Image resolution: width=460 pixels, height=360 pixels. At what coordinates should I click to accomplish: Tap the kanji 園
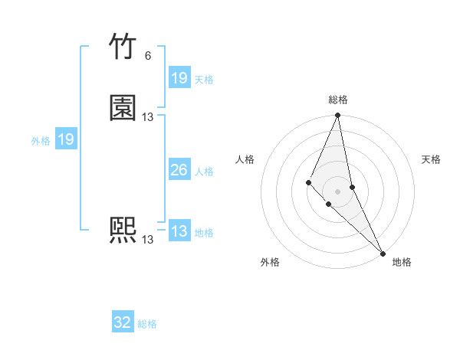point(123,108)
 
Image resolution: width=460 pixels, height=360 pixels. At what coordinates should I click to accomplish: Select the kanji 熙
point(123,231)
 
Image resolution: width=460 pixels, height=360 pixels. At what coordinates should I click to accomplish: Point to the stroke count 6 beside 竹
point(147,56)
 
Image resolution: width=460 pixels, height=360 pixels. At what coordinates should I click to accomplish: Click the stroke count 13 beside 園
point(147,117)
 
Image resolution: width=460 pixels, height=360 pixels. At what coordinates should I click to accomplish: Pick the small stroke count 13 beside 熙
point(147,240)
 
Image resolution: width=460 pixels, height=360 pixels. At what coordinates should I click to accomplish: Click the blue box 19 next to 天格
point(179,78)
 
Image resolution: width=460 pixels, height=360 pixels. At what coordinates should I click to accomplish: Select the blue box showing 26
point(179,170)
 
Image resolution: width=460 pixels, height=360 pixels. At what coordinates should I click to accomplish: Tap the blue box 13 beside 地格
point(179,231)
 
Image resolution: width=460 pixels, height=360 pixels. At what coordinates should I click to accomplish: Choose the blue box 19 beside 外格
point(66,139)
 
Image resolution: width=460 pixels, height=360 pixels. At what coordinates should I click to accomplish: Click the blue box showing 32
point(123,322)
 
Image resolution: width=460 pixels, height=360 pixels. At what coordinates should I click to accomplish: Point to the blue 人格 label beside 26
point(204,172)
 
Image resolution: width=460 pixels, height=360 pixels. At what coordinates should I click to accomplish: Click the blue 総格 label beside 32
point(147,324)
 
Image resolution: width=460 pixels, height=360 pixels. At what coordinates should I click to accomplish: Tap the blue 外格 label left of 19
point(41,141)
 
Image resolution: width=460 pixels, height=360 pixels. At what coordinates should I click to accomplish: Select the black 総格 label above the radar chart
point(338,100)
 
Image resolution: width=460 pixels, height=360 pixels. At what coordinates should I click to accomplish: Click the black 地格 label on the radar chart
point(402,262)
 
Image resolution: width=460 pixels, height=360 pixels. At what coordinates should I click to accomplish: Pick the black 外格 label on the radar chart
point(270,262)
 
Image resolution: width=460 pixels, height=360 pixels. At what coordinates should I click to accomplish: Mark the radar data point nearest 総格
point(337,116)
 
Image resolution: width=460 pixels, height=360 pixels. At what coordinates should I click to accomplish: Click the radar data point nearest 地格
point(383,253)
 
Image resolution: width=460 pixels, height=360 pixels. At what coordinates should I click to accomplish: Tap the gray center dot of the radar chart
point(337,191)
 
